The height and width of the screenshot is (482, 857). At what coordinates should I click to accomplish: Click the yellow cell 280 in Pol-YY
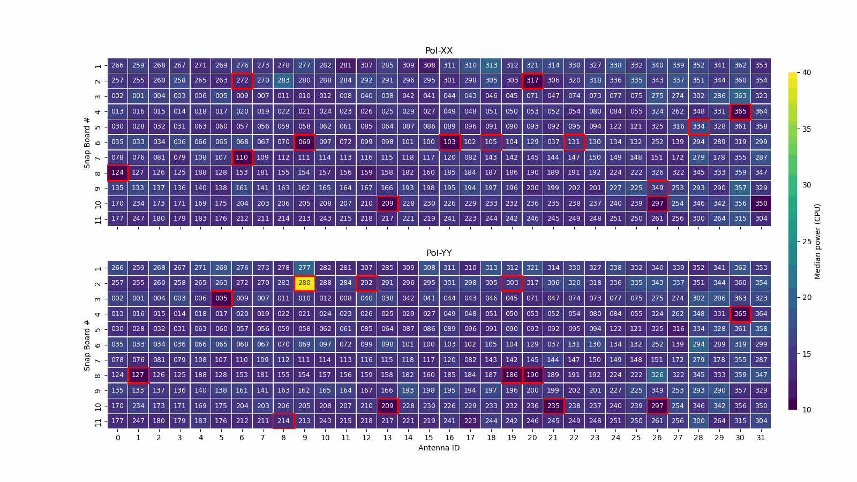click(304, 283)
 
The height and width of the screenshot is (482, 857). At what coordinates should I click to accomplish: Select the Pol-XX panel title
click(439, 51)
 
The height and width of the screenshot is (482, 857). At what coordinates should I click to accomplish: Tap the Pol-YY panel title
click(439, 253)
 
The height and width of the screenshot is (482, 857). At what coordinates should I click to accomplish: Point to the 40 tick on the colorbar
click(806, 72)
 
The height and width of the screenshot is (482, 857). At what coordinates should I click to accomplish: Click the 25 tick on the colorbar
click(806, 241)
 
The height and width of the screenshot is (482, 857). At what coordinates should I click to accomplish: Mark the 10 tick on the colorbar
click(806, 410)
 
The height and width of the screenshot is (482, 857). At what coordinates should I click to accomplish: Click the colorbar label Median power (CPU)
click(817, 241)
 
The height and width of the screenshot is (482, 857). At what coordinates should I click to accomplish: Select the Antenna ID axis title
click(439, 448)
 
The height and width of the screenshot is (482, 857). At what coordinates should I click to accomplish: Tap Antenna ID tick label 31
click(761, 438)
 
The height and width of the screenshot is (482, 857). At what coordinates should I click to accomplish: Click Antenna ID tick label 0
click(118, 438)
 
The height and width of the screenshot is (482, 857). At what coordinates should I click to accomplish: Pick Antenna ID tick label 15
click(428, 438)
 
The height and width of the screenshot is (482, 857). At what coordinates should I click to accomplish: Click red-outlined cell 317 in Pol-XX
click(532, 80)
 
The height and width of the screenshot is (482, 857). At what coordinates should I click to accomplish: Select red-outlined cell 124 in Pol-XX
click(117, 172)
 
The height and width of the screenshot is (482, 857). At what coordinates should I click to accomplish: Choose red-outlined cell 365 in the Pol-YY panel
click(740, 314)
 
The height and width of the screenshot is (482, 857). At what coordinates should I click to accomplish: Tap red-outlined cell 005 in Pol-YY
click(221, 298)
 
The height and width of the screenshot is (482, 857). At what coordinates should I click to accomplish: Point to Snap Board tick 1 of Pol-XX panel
click(98, 66)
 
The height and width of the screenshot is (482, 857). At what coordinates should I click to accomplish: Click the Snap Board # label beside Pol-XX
click(87, 142)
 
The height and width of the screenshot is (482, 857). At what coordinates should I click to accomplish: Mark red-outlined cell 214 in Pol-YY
click(283, 421)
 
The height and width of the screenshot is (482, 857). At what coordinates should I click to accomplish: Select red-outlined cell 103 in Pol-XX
click(449, 142)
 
